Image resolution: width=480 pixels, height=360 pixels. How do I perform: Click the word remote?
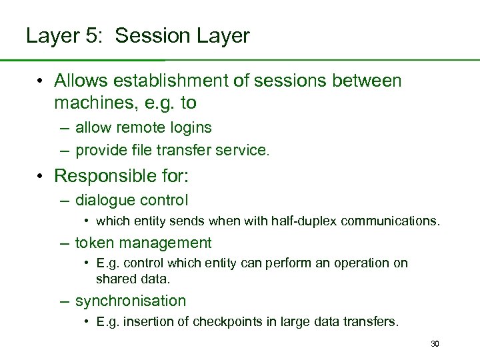coord(133,127)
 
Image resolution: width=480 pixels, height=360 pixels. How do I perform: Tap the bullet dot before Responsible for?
coord(41,176)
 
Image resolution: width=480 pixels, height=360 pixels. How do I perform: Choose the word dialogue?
coord(105,200)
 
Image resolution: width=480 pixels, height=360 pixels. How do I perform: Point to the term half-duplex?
coord(305,221)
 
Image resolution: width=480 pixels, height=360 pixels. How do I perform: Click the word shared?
coord(115,278)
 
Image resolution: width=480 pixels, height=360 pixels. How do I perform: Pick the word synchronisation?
coord(131,301)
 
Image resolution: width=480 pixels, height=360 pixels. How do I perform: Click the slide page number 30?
coord(435,344)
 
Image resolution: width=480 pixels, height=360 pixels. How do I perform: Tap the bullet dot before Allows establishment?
coord(41,81)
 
